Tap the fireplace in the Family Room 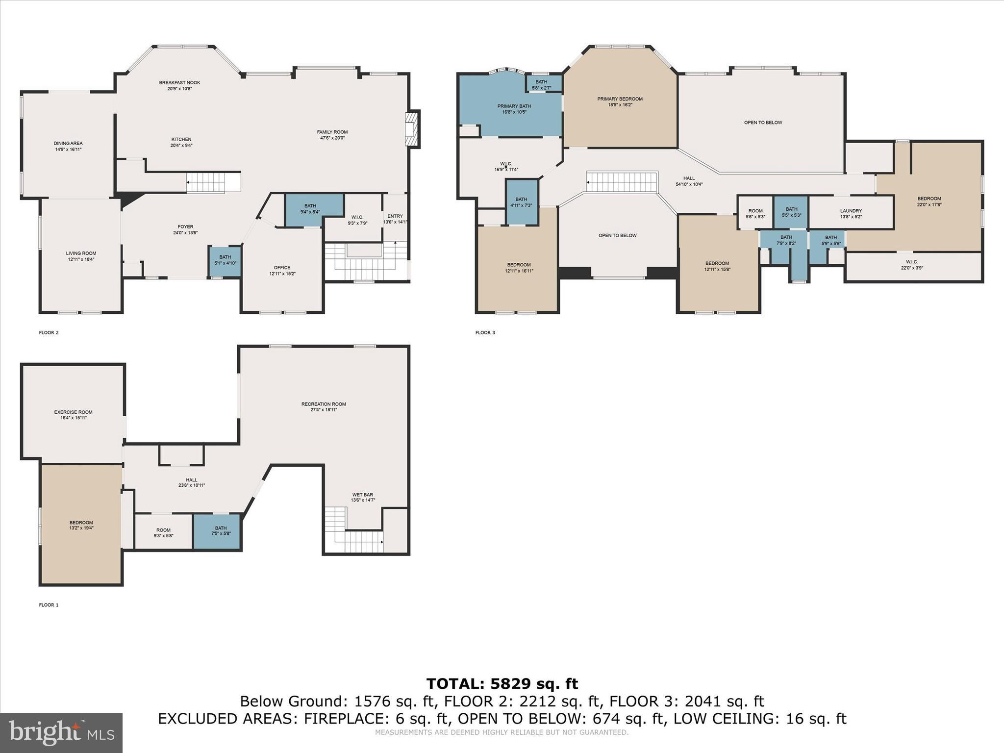pos(411,128)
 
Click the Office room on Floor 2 pos(282,270)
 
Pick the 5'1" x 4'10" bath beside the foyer pos(225,260)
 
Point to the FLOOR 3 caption pos(485,333)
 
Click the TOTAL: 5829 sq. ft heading pos(502,683)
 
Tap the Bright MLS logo pos(61,732)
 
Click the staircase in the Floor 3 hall pos(622,182)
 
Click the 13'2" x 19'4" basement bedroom pos(81,525)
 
